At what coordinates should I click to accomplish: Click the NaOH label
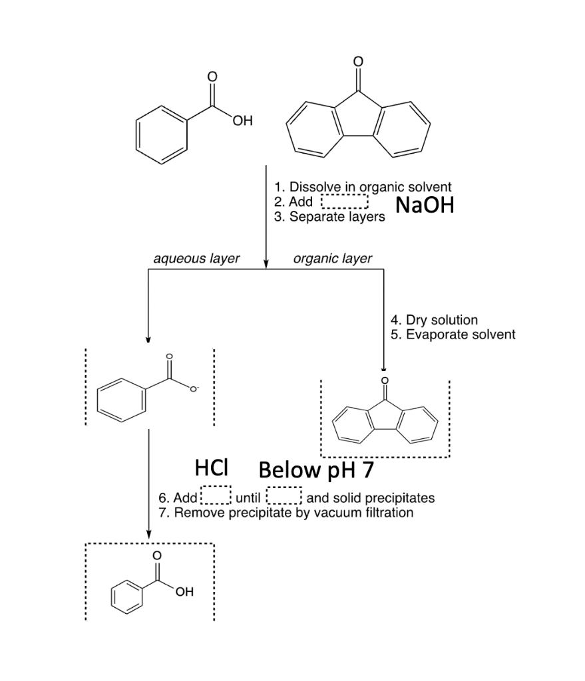425,205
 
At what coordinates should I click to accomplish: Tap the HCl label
212,469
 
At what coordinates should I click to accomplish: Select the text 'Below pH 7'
316,470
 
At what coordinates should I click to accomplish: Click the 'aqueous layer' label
196,258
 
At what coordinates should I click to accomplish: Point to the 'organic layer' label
332,258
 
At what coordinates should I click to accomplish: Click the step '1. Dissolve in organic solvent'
363,187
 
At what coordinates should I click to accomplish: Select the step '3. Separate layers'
329,217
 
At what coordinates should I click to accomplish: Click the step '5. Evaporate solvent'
453,334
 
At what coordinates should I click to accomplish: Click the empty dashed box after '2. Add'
345,202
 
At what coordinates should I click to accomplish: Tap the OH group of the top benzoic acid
242,121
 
